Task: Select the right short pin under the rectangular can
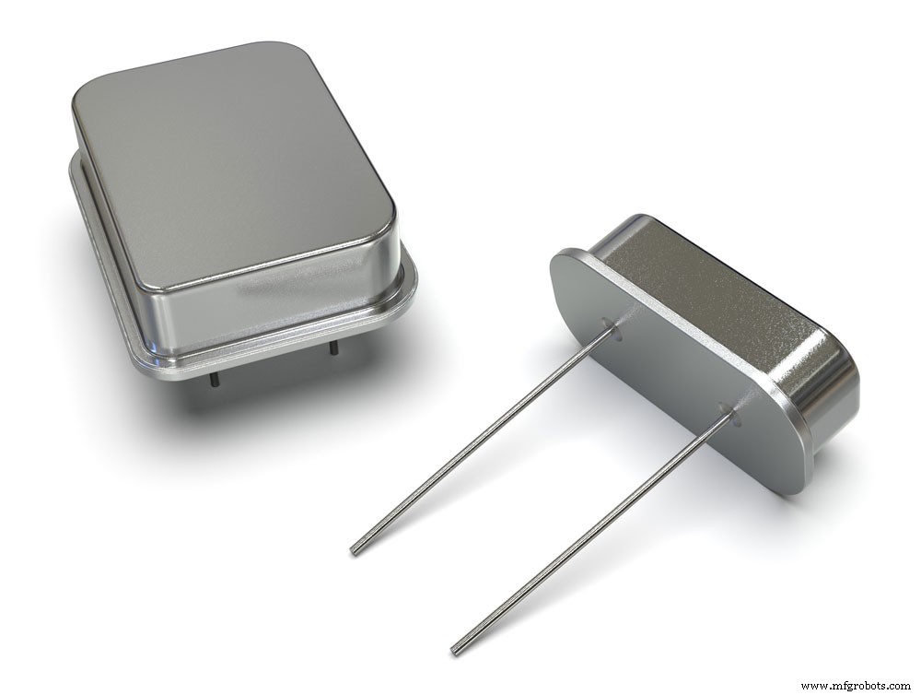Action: click(x=332, y=348)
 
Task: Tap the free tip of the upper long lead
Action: click(x=355, y=550)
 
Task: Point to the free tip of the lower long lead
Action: click(x=454, y=651)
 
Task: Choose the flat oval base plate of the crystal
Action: click(x=663, y=369)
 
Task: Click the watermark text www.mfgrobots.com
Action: click(x=856, y=685)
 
